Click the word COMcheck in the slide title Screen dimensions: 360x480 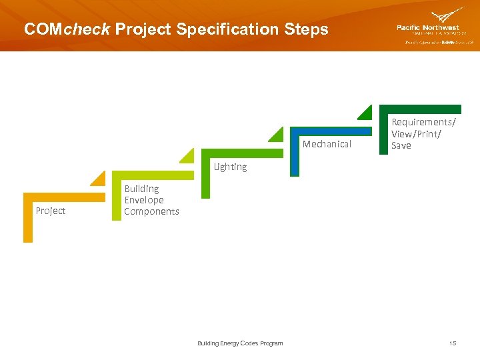coord(66,30)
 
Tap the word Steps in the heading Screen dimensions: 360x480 coord(305,30)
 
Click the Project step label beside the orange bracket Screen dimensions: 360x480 coord(51,211)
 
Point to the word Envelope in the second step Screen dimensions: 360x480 coord(144,200)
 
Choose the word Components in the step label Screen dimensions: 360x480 coord(151,211)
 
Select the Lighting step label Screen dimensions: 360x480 coord(230,167)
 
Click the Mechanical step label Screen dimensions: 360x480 coord(327,144)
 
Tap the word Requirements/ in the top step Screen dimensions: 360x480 coord(423,122)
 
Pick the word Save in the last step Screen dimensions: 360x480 coord(401,145)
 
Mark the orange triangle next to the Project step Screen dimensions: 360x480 coord(99,179)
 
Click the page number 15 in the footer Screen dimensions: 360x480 coord(453,343)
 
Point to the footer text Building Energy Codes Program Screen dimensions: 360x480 coord(240,343)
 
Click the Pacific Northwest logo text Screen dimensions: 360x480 coord(428,28)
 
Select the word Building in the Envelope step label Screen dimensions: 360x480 coord(141,189)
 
